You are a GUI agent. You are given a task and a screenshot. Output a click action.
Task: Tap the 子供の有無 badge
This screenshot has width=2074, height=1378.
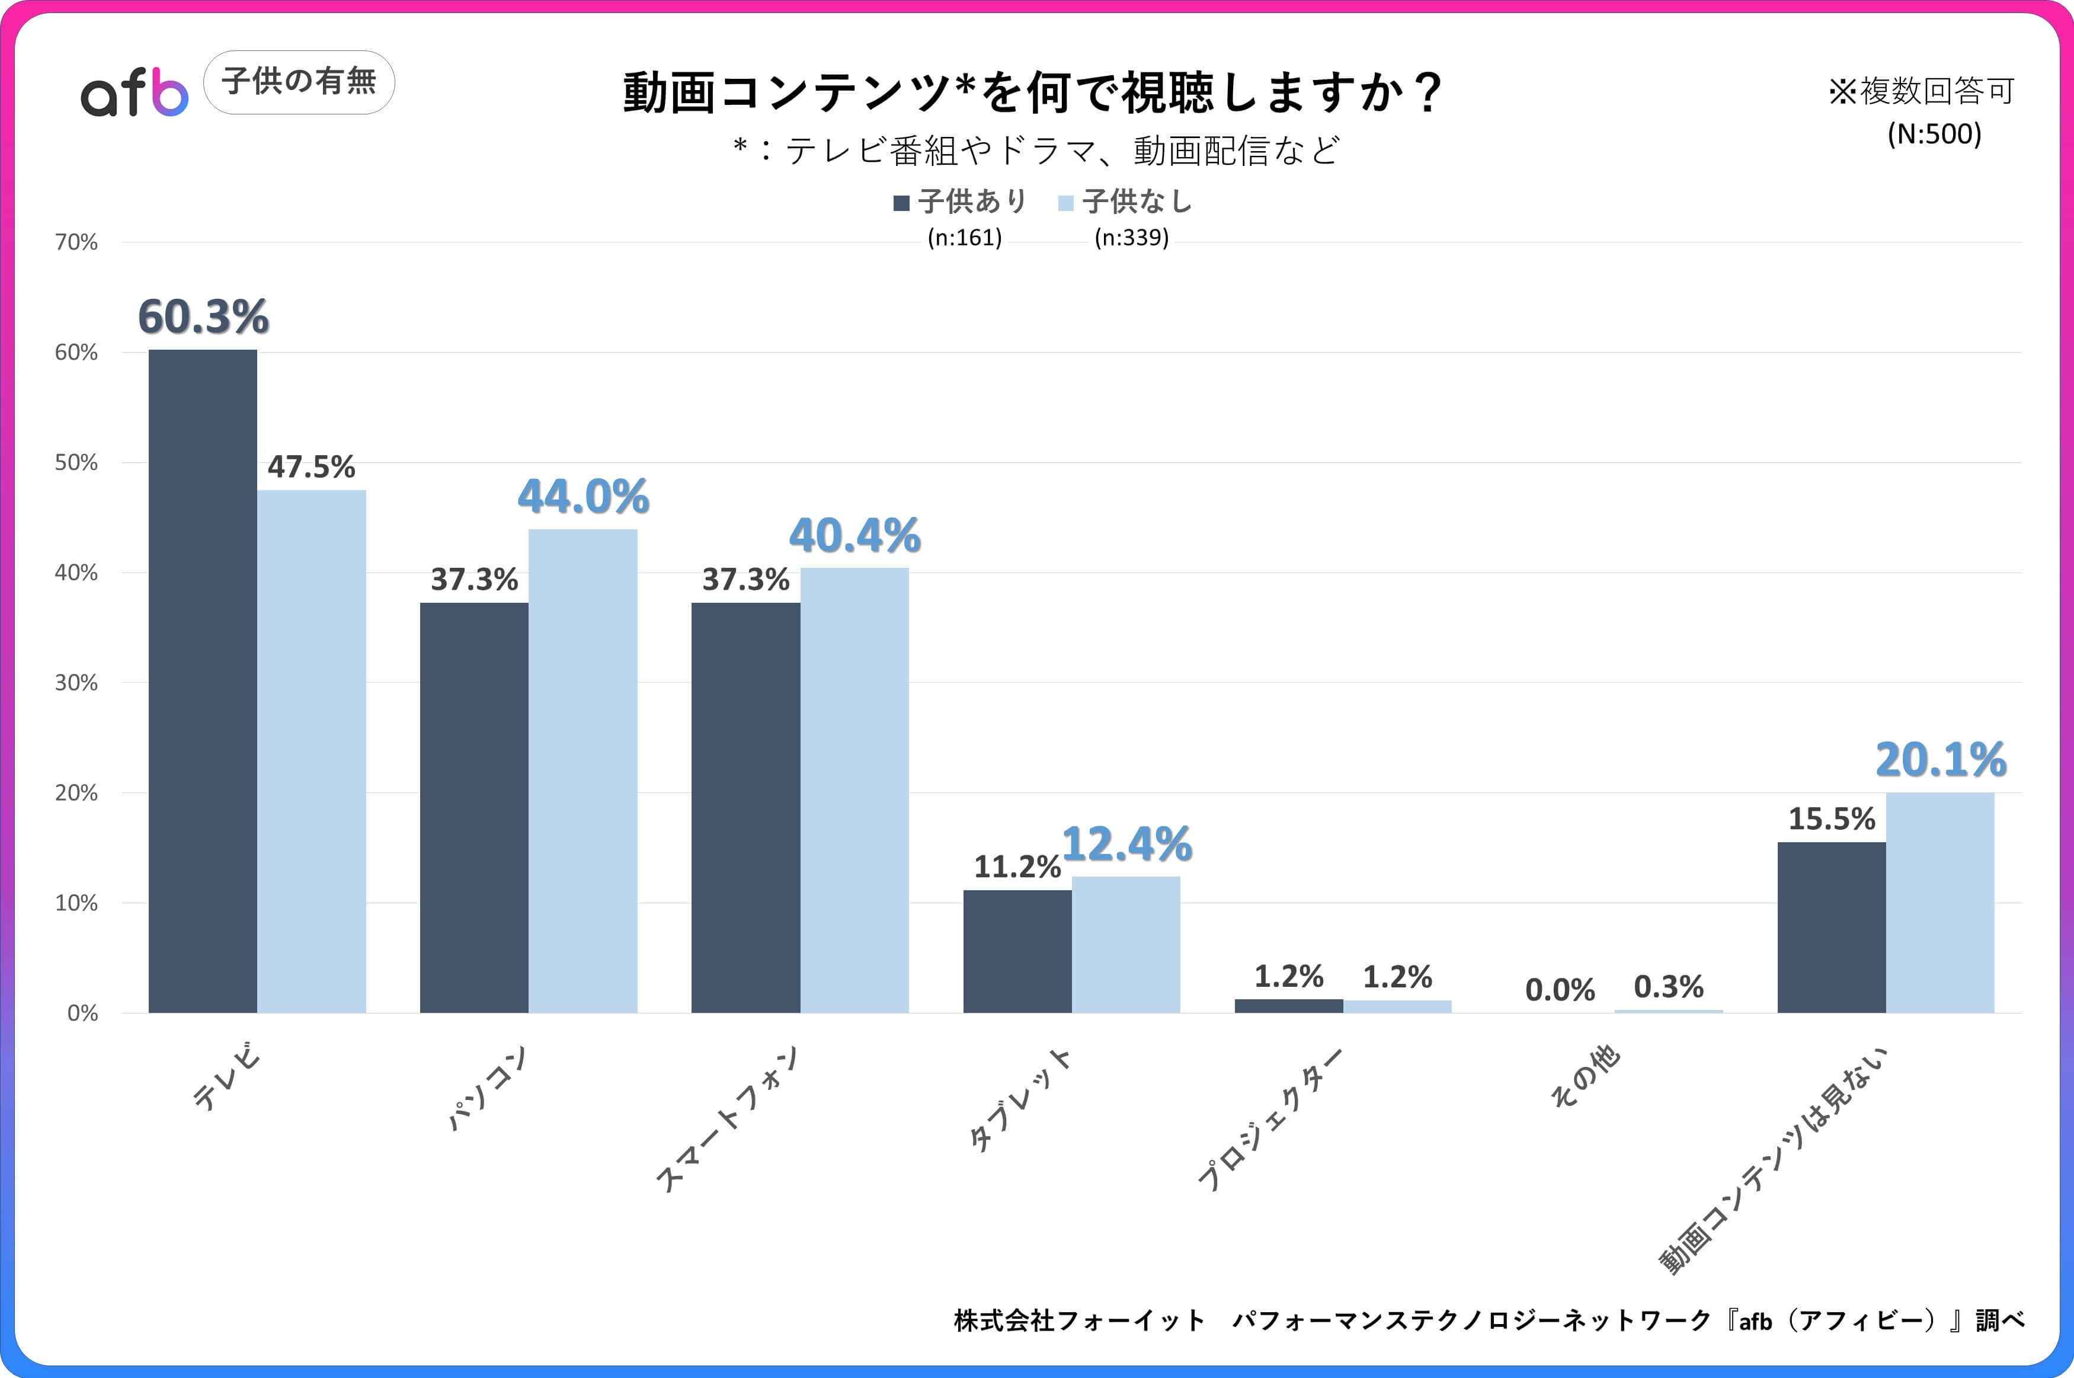click(x=299, y=82)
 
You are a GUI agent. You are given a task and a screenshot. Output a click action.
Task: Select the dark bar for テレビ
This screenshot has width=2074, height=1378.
click(x=202, y=681)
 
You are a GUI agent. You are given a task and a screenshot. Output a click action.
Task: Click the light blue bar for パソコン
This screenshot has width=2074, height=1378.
click(x=582, y=770)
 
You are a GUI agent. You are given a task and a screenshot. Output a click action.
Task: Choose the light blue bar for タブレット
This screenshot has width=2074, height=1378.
click(x=1125, y=944)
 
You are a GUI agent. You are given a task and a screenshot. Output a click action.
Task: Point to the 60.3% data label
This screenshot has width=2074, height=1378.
click(x=203, y=316)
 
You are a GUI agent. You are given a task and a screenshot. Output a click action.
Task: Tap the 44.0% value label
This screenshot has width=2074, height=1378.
click(x=583, y=497)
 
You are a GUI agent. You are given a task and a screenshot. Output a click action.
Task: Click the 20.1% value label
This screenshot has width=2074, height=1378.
click(x=1941, y=759)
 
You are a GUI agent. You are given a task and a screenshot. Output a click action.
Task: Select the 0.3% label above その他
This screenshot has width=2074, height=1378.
click(x=1668, y=987)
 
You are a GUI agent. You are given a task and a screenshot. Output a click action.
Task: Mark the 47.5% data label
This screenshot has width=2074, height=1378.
click(x=311, y=466)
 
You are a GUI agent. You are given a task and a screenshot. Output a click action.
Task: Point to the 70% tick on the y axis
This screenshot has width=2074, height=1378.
click(x=76, y=242)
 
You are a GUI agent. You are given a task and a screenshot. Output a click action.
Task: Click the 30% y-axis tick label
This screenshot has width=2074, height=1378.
click(x=76, y=683)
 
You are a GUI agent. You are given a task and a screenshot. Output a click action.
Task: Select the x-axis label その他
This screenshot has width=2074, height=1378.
click(x=1585, y=1076)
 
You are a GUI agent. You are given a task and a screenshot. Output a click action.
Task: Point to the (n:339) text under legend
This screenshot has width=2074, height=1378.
click(x=1131, y=237)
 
